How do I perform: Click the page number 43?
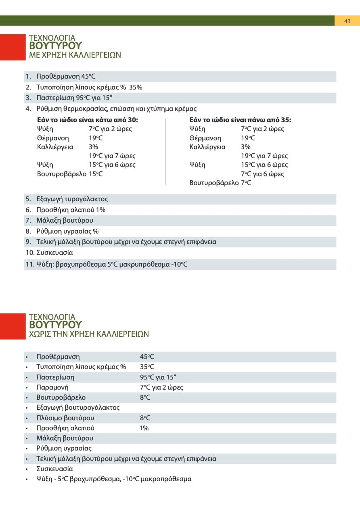tap(347, 21)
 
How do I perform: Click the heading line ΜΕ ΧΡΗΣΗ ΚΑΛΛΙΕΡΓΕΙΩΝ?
tap(75, 55)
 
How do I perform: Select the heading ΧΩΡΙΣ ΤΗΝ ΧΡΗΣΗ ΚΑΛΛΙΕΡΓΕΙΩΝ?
tap(89, 334)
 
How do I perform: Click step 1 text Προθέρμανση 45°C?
tap(66, 77)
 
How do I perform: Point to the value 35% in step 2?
tap(136, 88)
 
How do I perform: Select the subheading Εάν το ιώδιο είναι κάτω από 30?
tap(87, 120)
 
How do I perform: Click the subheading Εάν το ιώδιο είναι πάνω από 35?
tap(240, 120)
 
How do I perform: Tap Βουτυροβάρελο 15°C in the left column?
tap(69, 174)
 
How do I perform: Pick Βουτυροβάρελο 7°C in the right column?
tap(220, 183)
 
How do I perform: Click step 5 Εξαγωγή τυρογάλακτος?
tap(72, 199)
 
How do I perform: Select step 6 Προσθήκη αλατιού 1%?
tap(71, 210)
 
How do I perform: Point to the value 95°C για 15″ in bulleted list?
tap(158, 378)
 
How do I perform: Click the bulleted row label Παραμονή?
tap(52, 388)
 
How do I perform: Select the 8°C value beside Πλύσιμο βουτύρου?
tap(145, 418)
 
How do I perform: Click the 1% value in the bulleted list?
tap(144, 428)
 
